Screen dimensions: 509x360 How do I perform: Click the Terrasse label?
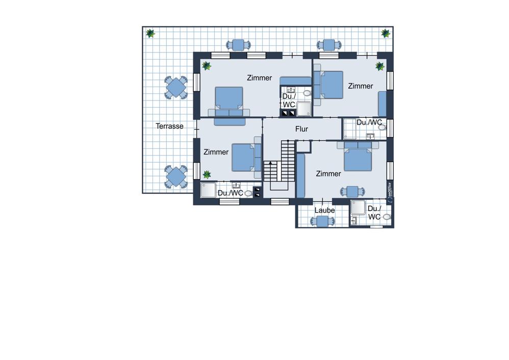[169, 126]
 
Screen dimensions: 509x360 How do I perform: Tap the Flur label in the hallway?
[301, 129]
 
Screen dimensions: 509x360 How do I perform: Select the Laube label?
[324, 211]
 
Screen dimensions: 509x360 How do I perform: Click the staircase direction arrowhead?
[270, 162]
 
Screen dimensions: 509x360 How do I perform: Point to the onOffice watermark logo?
[390, 193]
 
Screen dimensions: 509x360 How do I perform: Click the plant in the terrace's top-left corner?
[150, 33]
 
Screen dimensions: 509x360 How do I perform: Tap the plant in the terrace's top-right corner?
[386, 33]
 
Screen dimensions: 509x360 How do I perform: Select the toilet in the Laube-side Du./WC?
[387, 217]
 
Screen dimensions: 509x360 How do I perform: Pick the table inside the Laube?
[323, 221]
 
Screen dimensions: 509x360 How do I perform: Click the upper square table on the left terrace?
[175, 87]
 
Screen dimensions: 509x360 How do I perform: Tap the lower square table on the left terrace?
[175, 177]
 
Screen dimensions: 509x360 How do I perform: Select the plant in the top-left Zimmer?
[206, 66]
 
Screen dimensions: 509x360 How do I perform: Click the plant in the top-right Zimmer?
[380, 66]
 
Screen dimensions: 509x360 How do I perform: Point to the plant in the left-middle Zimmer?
[207, 174]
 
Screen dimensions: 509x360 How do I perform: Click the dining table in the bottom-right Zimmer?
[352, 192]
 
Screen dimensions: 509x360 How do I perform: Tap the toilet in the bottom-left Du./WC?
[248, 193]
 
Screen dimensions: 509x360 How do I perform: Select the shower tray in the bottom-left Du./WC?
[208, 190]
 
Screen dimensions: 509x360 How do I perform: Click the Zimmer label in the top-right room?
[360, 86]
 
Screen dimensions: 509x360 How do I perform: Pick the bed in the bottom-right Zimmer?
[358, 157]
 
